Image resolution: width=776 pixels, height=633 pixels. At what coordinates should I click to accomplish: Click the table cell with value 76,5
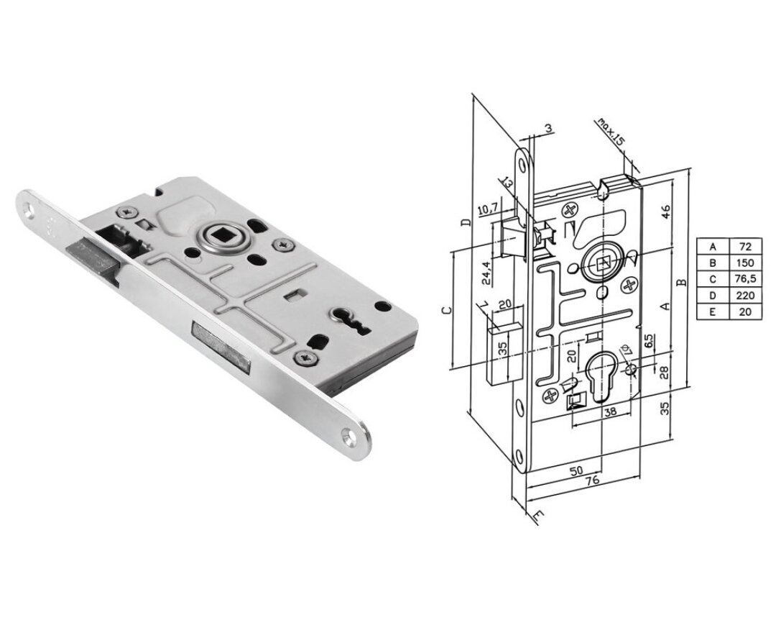(745, 279)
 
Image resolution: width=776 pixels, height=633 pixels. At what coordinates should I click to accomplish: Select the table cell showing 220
(745, 296)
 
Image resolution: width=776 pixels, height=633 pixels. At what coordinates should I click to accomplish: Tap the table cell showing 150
(745, 263)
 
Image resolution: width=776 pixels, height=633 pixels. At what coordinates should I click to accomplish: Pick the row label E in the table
(713, 312)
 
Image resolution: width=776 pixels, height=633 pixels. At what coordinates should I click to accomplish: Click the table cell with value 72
(745, 247)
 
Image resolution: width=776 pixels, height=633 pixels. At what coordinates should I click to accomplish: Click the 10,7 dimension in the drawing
(488, 210)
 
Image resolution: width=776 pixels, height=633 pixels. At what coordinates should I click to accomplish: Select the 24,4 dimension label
(486, 273)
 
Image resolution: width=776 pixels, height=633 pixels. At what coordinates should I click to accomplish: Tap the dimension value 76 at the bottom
(592, 480)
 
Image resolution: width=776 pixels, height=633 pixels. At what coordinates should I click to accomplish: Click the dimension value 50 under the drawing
(576, 470)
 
